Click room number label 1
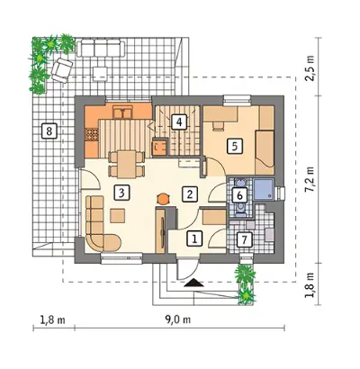pos(195,238)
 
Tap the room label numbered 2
pos(190,194)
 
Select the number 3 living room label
pos(121,193)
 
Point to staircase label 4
pos(179,122)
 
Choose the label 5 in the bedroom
pos(235,146)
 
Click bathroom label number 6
pos(239,195)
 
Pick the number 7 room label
pos(244,239)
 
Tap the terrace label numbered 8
pos(49,130)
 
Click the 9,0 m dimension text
pos(177,319)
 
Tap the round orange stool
pos(163,199)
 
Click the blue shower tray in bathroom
pos(264,190)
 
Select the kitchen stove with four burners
pos(92,134)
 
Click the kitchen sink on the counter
pos(122,112)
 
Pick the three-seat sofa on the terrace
pos(101,49)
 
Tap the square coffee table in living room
pos(118,215)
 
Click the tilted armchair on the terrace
pos(62,70)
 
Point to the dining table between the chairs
pos(126,164)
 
